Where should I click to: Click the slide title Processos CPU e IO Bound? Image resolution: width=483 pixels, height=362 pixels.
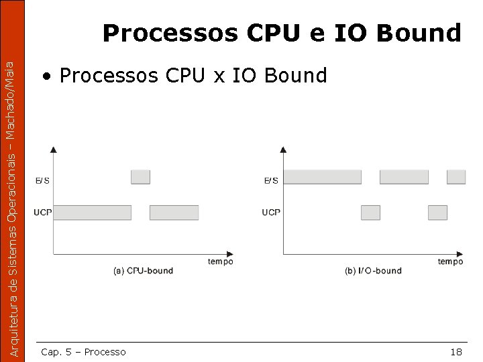[x=282, y=32]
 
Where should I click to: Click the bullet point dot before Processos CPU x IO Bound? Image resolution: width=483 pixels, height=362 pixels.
[x=46, y=76]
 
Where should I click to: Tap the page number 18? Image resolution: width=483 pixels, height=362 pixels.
[x=455, y=352]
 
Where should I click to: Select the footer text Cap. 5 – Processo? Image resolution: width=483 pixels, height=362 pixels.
[x=83, y=352]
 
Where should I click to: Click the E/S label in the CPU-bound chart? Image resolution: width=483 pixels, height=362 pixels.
[x=42, y=180]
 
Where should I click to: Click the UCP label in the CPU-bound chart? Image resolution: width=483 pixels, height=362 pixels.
[x=43, y=213]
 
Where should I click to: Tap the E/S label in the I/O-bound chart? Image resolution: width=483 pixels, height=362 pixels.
[x=271, y=180]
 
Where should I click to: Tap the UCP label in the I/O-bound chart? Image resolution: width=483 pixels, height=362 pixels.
[x=271, y=213]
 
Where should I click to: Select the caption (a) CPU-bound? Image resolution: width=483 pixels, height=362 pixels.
[x=144, y=271]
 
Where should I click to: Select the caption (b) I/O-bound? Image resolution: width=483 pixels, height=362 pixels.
[x=373, y=271]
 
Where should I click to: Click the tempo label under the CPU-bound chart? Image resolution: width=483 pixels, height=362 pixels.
[x=220, y=261]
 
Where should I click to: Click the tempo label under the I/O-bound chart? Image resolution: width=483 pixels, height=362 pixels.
[x=450, y=261]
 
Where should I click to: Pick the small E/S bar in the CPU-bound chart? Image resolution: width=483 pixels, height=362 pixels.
[x=140, y=177]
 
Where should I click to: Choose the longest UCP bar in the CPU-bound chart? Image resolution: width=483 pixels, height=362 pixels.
[x=92, y=213]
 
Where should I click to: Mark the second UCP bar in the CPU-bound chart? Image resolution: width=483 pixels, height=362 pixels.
[x=174, y=213]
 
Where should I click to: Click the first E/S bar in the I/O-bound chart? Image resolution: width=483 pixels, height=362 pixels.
[x=323, y=177]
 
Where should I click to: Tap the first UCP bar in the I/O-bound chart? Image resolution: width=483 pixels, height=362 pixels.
[x=370, y=213]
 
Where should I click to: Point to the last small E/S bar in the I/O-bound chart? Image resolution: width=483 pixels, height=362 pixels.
[x=456, y=177]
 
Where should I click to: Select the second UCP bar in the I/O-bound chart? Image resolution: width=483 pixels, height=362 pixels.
[x=437, y=213]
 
